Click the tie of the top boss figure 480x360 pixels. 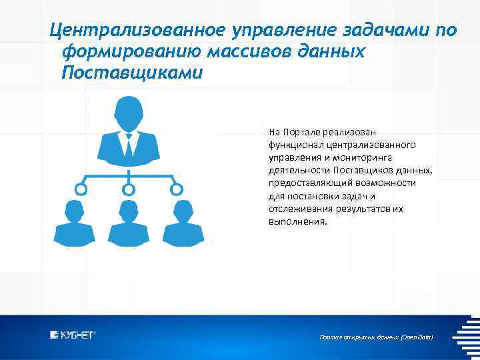128,143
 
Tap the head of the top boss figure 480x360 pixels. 128,113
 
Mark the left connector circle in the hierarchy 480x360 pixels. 81,189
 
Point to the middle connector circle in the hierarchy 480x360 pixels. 129,189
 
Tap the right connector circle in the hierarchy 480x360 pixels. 177,189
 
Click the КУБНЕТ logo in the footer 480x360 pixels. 73,335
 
